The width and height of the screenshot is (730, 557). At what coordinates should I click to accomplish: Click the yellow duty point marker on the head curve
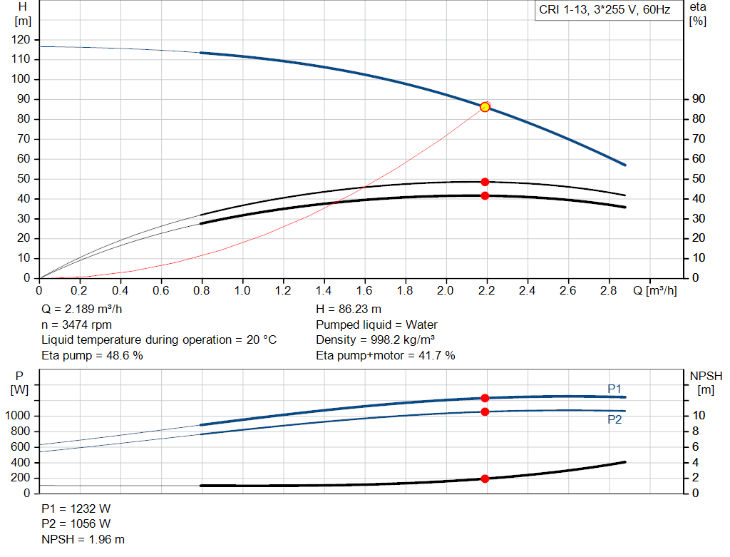[485, 107]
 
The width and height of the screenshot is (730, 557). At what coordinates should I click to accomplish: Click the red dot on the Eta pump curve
[485, 182]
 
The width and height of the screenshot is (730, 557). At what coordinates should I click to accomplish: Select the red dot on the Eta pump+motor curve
[485, 195]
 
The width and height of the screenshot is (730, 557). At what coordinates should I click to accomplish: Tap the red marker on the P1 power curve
[485, 398]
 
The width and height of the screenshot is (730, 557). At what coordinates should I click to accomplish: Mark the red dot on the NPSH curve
[485, 479]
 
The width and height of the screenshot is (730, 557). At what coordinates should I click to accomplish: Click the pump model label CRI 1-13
[605, 11]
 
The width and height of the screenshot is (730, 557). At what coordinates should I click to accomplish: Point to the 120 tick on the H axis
[21, 40]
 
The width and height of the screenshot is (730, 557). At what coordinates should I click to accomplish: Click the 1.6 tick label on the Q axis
[365, 291]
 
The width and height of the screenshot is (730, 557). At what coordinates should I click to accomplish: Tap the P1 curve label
[615, 389]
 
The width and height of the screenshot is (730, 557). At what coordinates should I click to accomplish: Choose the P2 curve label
[615, 420]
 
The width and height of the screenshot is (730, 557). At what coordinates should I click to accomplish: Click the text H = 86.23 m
[349, 310]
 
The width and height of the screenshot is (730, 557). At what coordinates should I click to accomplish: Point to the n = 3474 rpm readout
[77, 325]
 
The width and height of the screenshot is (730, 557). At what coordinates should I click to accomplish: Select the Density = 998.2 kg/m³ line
[375, 340]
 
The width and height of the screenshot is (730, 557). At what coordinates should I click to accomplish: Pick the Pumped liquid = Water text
[376, 325]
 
